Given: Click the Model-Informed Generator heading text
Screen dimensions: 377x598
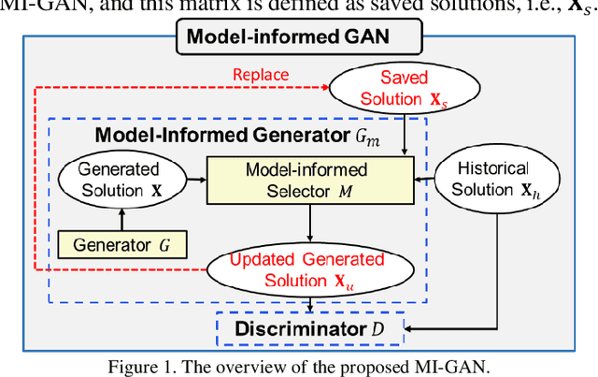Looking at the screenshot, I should pyautogui.click(x=212, y=134).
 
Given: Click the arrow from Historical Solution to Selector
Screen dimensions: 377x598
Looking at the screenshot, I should pyautogui.click(x=424, y=178).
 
